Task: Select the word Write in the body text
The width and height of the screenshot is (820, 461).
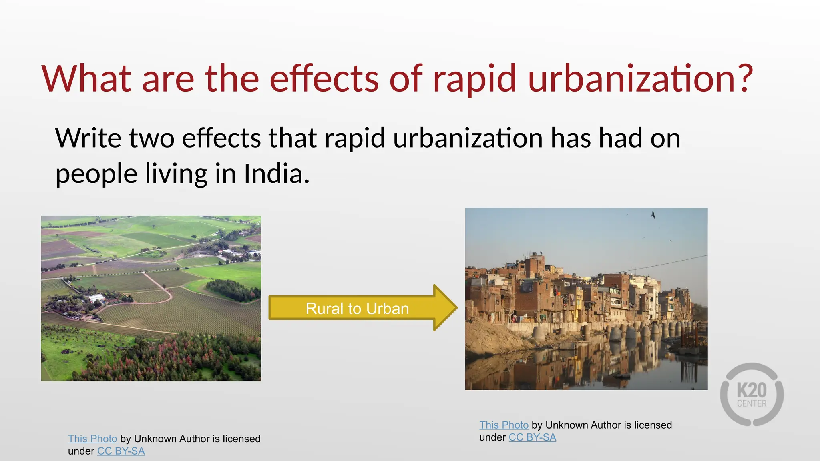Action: [x=88, y=138]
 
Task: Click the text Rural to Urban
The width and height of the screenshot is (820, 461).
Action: [x=357, y=309]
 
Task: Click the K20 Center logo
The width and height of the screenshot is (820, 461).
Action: [x=752, y=395]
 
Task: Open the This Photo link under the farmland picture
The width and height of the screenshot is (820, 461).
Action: [x=92, y=439]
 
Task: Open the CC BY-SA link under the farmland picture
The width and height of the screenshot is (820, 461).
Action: [x=121, y=451]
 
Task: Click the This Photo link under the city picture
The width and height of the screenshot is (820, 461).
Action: [x=504, y=425]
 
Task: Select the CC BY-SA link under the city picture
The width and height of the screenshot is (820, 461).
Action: [x=533, y=437]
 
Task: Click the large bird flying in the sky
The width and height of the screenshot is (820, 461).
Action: [x=653, y=215]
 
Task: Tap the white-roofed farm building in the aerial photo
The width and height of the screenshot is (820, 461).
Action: [x=97, y=298]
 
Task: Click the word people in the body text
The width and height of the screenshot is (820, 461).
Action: [x=96, y=174]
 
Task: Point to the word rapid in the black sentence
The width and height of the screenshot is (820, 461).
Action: [x=355, y=138]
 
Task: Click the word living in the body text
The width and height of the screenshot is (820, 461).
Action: [x=176, y=174]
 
